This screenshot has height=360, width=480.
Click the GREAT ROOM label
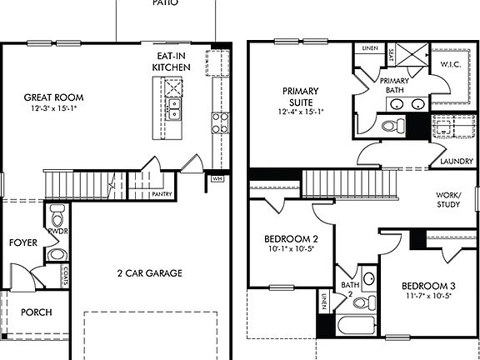(x=53, y=97)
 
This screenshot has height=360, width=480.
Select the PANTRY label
(x=162, y=193)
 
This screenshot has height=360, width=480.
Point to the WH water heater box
(x=217, y=177)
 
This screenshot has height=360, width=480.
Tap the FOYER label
(x=22, y=242)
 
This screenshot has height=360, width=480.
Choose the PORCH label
(x=36, y=312)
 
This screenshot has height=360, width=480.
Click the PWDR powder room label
(x=57, y=230)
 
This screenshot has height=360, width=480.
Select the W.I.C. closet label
(x=451, y=64)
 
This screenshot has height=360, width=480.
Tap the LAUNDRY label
(x=457, y=161)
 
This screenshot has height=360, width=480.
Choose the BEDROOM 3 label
(x=420, y=284)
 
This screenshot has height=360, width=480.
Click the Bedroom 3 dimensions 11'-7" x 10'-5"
(x=420, y=295)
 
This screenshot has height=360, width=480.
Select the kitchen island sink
(x=174, y=109)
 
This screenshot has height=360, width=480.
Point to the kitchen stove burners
(x=219, y=123)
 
